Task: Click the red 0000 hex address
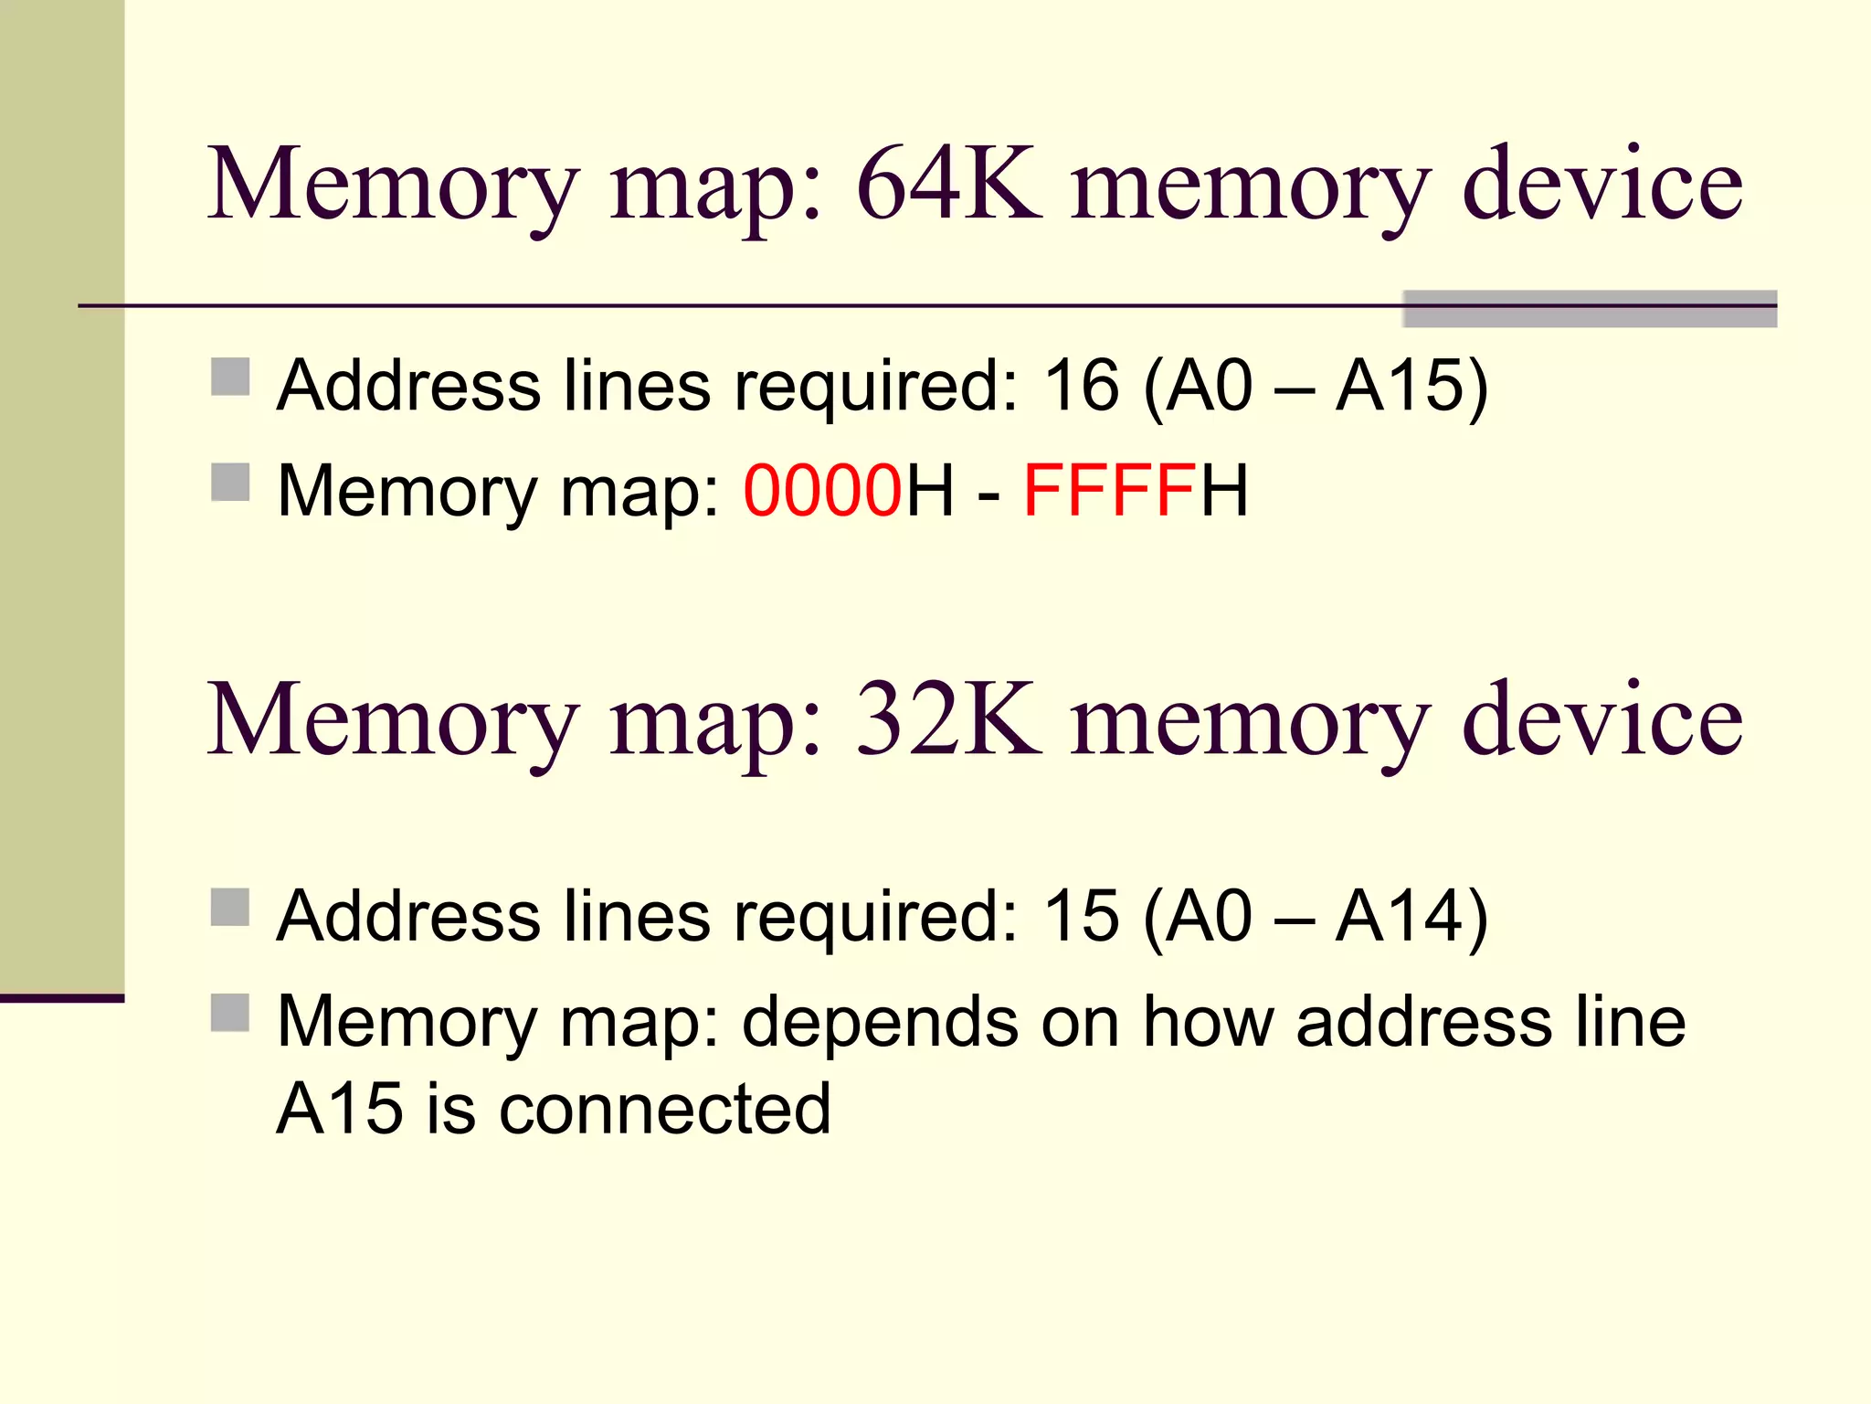point(822,491)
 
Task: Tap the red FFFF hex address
point(1109,491)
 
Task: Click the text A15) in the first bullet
point(1411,385)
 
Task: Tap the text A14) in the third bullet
point(1411,916)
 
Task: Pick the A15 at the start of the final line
point(339,1108)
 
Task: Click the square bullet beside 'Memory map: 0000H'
point(230,482)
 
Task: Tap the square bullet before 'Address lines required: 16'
point(230,377)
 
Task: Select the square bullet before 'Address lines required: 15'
point(230,908)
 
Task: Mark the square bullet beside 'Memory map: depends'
point(230,1013)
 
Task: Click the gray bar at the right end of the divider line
point(1590,309)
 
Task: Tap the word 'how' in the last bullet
point(1208,1021)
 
